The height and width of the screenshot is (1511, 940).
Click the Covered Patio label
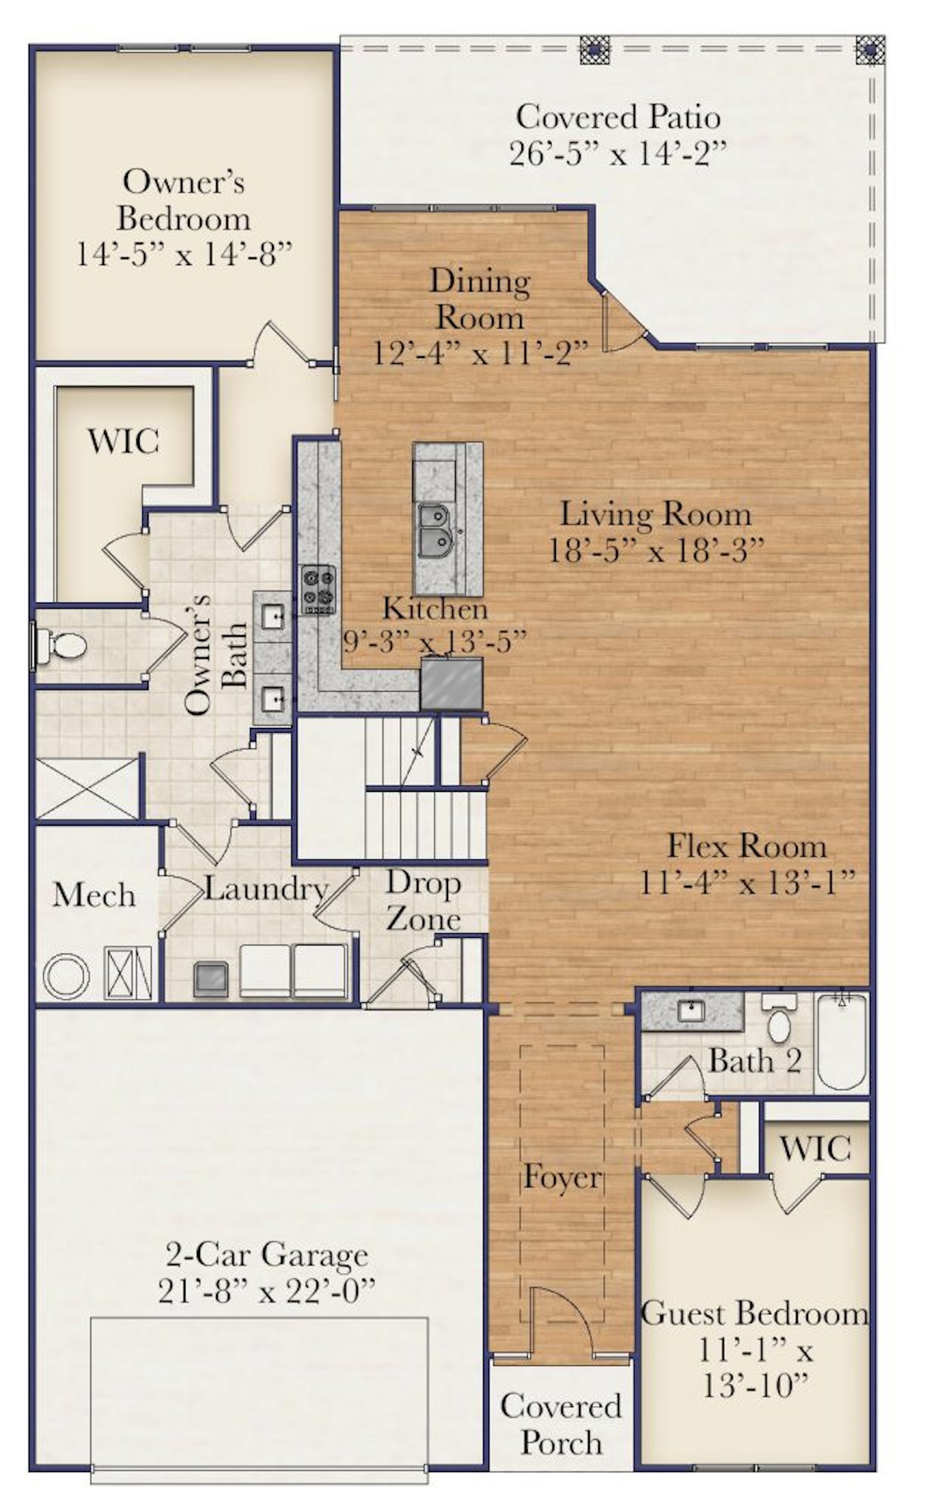pyautogui.click(x=617, y=117)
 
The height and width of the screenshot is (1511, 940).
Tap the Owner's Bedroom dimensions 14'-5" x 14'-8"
pyautogui.click(x=184, y=254)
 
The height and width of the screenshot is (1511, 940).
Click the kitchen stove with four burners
pyautogui.click(x=318, y=589)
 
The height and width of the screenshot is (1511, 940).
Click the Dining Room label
pyautogui.click(x=479, y=299)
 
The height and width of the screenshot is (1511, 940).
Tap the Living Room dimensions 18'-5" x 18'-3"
pyautogui.click(x=656, y=551)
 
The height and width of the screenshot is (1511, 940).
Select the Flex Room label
pyautogui.click(x=746, y=846)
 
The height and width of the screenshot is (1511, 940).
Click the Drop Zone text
pyautogui.click(x=424, y=901)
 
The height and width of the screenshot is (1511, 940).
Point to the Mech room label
pyautogui.click(x=94, y=895)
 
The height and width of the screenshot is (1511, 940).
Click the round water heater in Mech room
pyautogui.click(x=66, y=976)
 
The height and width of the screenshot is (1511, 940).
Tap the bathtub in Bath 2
pyautogui.click(x=842, y=1041)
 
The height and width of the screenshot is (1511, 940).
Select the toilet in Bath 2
pyautogui.click(x=779, y=1020)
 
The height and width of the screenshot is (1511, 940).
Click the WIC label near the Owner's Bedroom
pyautogui.click(x=123, y=441)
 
